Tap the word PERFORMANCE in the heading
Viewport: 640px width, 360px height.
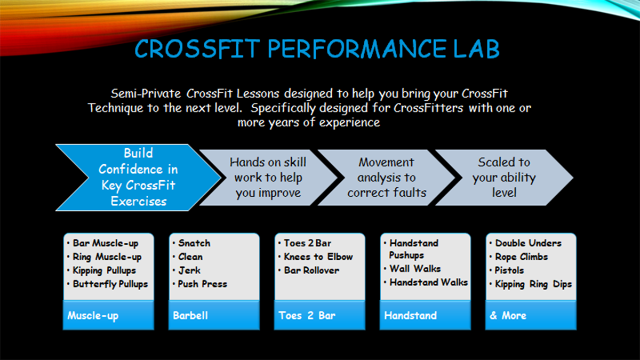click(x=357, y=49)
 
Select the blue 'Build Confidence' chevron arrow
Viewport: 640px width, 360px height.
click(x=138, y=178)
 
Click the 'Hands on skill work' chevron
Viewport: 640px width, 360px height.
click(x=268, y=178)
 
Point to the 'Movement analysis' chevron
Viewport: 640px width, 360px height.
click(x=386, y=178)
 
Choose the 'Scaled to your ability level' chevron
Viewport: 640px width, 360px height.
click(x=504, y=178)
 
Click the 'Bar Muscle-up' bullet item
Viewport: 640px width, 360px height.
click(x=106, y=243)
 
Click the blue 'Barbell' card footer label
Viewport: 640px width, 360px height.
click(x=190, y=315)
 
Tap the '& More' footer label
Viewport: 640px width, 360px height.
click(x=508, y=315)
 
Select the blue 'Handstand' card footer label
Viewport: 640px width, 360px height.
click(x=411, y=315)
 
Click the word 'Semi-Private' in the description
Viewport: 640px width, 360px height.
click(x=146, y=94)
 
